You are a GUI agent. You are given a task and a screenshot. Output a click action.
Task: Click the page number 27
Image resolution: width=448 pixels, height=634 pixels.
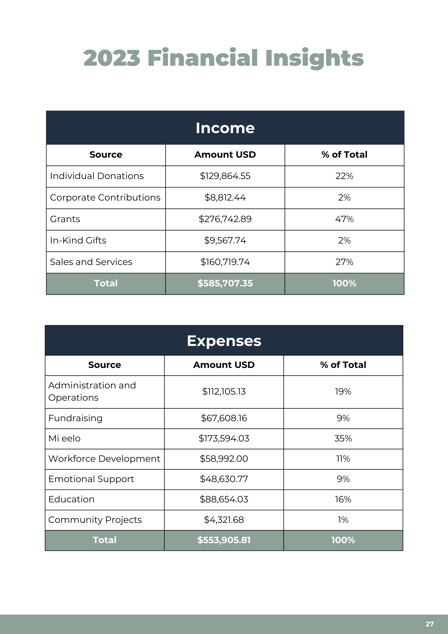pos(429,624)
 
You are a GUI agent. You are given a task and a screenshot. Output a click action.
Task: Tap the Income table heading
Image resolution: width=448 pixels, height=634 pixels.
pos(225,128)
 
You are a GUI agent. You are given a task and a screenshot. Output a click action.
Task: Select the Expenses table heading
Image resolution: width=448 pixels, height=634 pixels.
pos(224,341)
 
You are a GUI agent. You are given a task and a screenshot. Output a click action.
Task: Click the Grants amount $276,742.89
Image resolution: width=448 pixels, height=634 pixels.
pos(225,219)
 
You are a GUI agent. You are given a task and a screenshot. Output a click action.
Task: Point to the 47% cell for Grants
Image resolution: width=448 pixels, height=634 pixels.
pos(344,219)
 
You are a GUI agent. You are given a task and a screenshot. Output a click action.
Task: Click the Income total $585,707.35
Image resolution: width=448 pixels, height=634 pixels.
pos(225,284)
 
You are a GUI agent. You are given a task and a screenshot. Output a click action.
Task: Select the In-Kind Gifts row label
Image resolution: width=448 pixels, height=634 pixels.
pos(78,240)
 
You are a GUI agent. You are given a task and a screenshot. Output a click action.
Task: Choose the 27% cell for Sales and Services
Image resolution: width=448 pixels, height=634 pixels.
pos(344,262)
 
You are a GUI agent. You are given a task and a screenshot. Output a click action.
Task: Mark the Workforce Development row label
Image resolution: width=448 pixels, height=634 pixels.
pos(104,459)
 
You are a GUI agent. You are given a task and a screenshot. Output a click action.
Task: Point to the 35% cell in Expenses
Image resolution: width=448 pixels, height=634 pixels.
pos(343,439)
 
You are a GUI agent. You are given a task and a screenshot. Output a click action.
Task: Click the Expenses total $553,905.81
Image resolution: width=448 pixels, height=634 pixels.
pos(224,540)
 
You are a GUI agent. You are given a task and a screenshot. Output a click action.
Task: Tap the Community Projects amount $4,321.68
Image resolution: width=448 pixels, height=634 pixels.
pos(224,520)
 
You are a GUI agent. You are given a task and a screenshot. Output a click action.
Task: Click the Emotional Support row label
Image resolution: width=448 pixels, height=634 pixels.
pos(91,479)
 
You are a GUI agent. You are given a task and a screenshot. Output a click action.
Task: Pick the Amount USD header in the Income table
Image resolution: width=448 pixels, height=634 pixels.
pos(225,155)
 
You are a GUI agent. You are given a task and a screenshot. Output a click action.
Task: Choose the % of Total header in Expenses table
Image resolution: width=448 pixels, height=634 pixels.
pos(343,365)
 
